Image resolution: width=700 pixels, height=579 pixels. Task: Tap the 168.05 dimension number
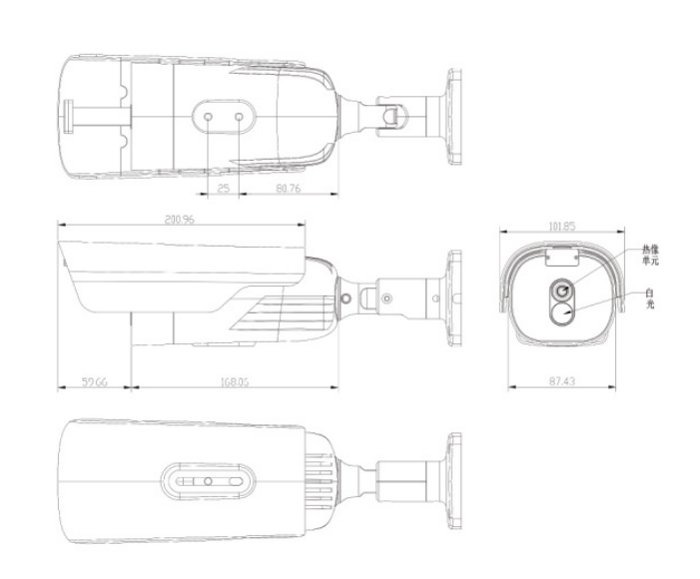click(x=233, y=380)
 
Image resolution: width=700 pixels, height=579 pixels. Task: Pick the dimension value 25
click(x=223, y=187)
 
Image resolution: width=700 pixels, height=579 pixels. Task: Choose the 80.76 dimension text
click(x=288, y=187)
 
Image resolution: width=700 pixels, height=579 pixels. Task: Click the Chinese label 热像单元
click(x=652, y=255)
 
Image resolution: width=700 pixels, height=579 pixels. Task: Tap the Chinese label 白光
click(x=650, y=297)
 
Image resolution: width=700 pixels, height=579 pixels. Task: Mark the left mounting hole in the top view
click(x=208, y=116)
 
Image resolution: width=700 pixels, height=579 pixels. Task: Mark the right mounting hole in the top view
click(x=240, y=116)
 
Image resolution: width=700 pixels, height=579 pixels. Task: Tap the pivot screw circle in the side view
click(x=346, y=297)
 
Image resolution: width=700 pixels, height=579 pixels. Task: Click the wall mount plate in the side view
click(x=454, y=296)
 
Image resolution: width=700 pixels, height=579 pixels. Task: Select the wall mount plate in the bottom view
click(x=455, y=481)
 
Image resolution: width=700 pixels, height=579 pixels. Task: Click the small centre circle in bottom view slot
click(x=207, y=481)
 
